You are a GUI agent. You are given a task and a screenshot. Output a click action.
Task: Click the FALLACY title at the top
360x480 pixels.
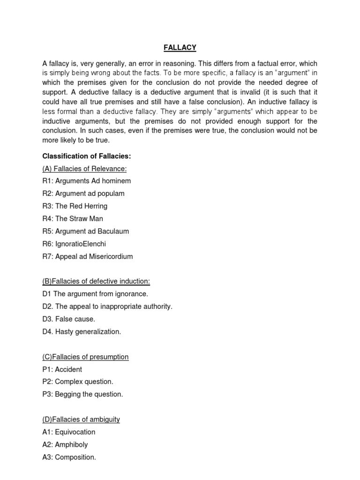180,47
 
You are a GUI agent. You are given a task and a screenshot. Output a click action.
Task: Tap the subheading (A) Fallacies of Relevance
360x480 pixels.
85,168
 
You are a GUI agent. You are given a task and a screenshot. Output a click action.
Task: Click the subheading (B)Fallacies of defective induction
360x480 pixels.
96,281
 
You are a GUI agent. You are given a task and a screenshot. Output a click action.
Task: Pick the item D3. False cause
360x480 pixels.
69,319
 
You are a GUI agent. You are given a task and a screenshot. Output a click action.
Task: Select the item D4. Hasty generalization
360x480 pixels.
82,332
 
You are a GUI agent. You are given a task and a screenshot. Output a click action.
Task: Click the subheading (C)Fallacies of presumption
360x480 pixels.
85,357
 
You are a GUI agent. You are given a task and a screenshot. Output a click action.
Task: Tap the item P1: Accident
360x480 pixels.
62,369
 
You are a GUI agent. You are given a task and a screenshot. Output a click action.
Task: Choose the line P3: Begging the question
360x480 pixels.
82,395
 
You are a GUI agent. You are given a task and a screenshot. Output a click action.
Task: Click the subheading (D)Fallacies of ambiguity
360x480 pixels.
81,420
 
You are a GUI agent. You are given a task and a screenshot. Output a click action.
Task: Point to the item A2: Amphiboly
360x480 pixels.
65,445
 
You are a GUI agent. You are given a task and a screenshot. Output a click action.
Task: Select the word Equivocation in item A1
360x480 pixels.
75,432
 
